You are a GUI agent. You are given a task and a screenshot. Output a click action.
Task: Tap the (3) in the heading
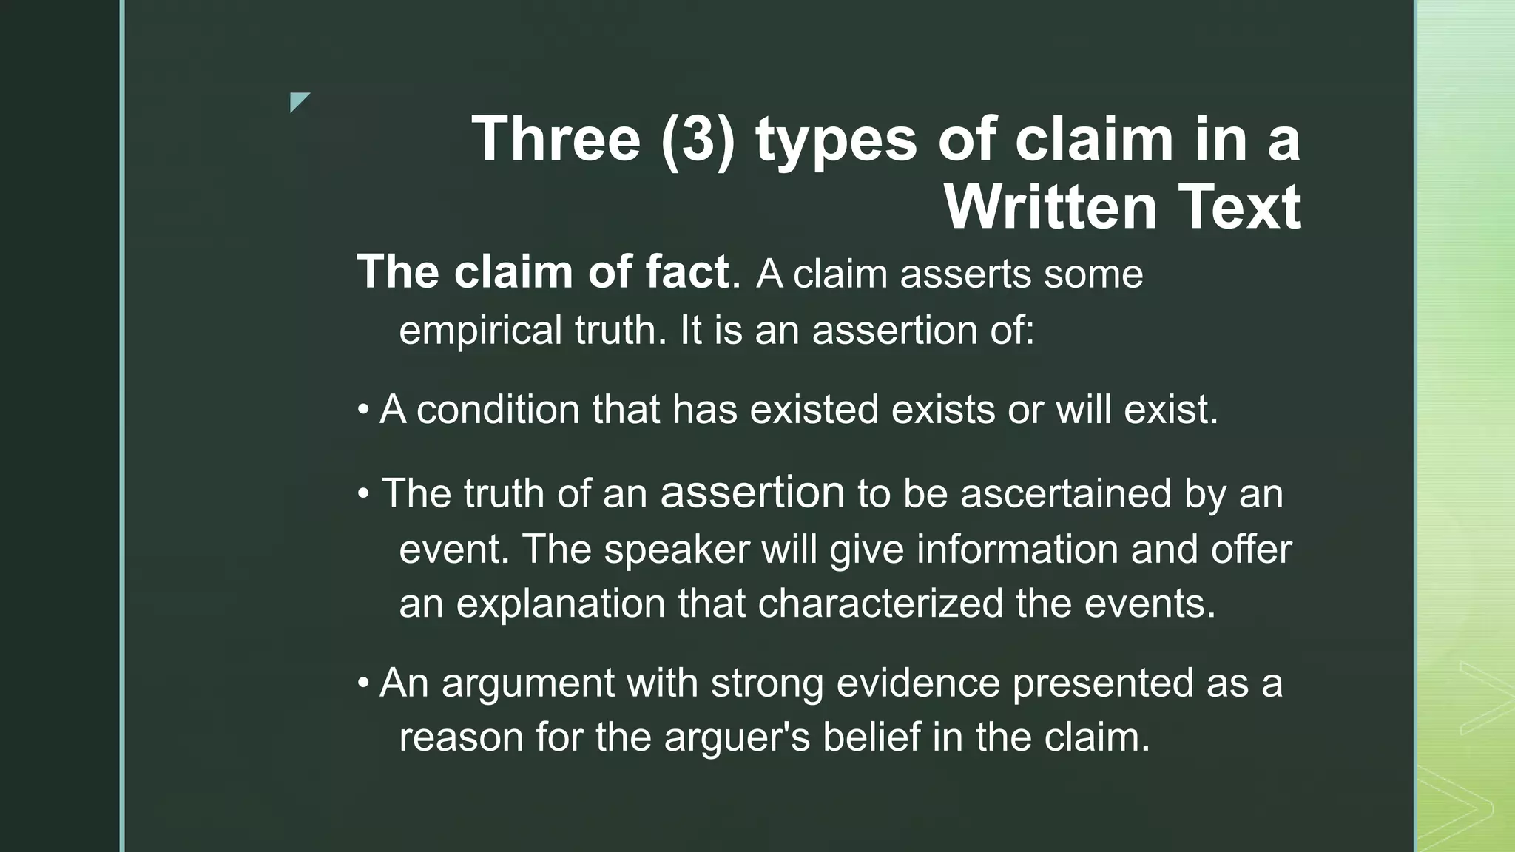click(x=698, y=140)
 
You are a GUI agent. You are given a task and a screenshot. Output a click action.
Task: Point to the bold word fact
click(x=687, y=271)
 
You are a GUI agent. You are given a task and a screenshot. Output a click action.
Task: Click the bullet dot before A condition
click(x=362, y=410)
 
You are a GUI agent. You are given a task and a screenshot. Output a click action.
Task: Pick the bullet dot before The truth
click(x=362, y=493)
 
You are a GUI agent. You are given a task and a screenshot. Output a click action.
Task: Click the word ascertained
click(x=1066, y=493)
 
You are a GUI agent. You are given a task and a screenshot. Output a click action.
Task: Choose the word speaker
click(x=677, y=549)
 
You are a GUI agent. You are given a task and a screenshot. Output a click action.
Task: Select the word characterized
click(x=880, y=603)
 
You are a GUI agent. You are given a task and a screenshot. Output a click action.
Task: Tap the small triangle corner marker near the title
click(x=298, y=101)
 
